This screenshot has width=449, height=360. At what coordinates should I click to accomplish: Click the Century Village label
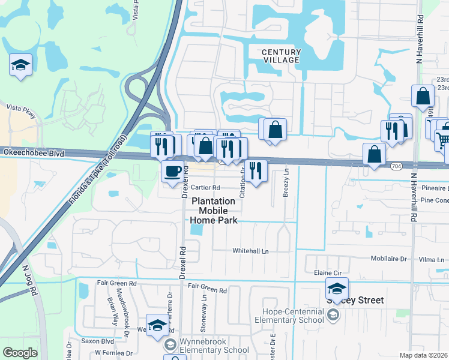(x=281, y=56)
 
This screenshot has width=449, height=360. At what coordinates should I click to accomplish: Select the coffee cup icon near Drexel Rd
(x=172, y=172)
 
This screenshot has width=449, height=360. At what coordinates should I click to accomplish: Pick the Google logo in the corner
(x=19, y=353)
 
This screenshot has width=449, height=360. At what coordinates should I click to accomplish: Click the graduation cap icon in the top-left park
(x=20, y=64)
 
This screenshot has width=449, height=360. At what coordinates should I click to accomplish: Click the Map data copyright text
(x=423, y=355)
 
